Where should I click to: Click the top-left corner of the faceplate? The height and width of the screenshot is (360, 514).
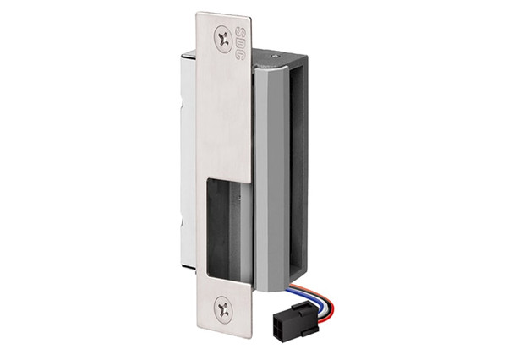point(198,14)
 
